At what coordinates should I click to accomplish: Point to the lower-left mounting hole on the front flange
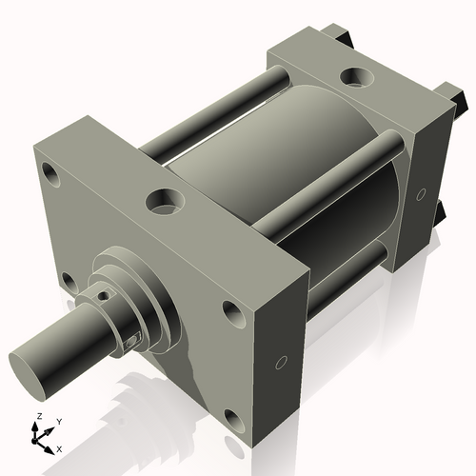[x=67, y=280]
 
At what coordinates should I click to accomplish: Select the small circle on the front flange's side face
[x=280, y=363]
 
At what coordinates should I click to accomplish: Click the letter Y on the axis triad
[x=58, y=421]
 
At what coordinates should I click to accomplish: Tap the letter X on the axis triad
[x=60, y=447]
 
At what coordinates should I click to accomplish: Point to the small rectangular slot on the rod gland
[x=132, y=340]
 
